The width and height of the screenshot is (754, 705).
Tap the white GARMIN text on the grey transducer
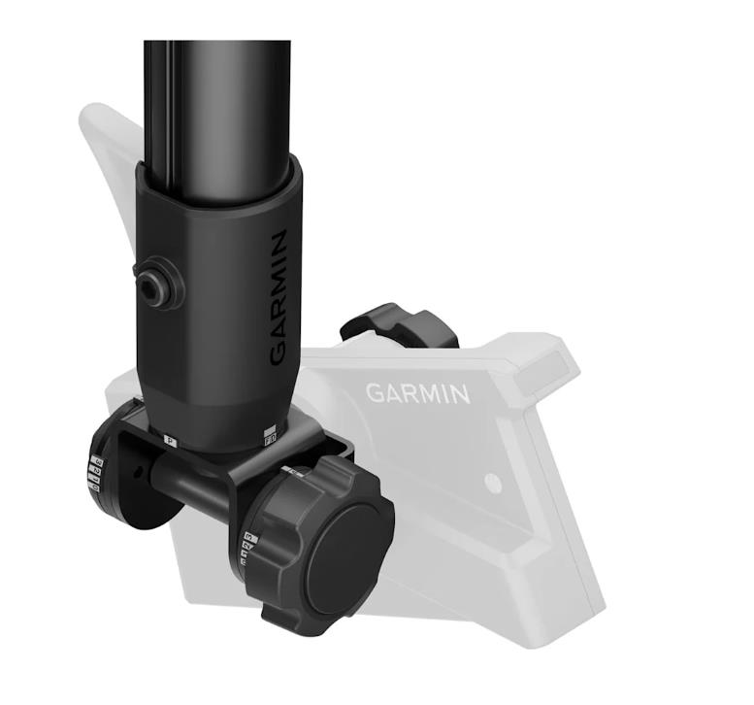click(x=417, y=392)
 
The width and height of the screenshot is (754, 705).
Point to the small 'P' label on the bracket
click(x=172, y=440)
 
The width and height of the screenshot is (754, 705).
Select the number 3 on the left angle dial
click(x=97, y=461)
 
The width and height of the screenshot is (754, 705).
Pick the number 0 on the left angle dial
click(x=95, y=487)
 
